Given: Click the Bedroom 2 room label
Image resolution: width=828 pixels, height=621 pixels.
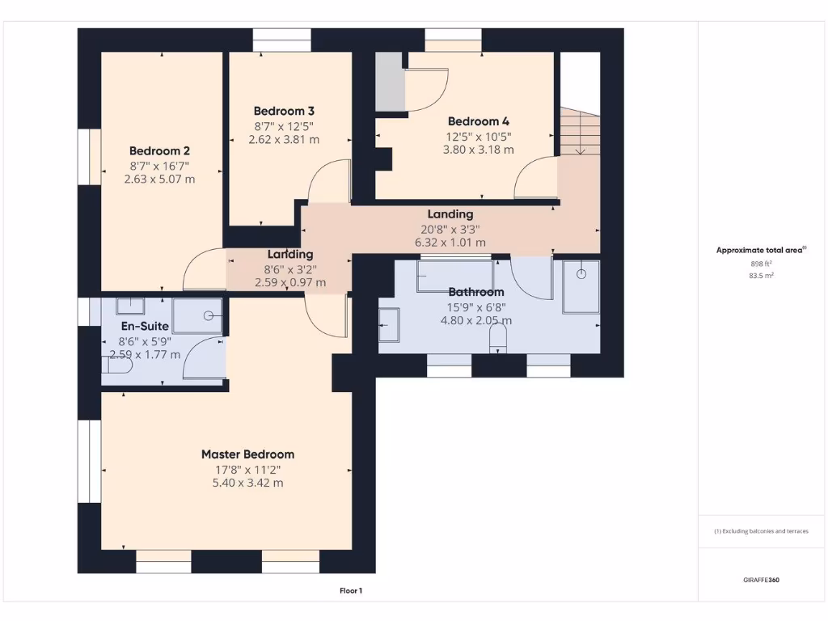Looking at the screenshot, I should pyautogui.click(x=159, y=150).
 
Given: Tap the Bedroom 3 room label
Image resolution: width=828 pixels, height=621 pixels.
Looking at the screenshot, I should pyautogui.click(x=284, y=111).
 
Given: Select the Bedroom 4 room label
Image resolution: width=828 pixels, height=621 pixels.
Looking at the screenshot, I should pyautogui.click(x=479, y=121).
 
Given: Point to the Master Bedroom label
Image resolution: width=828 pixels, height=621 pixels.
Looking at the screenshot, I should pyautogui.click(x=247, y=454).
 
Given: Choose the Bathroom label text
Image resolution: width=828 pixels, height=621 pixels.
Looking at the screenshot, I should pyautogui.click(x=476, y=292).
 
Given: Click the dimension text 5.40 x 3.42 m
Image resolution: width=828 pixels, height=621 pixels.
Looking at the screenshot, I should pyautogui.click(x=247, y=483).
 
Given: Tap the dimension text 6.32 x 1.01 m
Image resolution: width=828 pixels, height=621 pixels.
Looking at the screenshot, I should pyautogui.click(x=450, y=242).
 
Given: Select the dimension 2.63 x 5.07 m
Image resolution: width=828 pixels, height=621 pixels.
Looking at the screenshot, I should pyautogui.click(x=159, y=179).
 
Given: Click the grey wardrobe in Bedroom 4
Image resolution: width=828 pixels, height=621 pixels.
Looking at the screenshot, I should pyautogui.click(x=390, y=81).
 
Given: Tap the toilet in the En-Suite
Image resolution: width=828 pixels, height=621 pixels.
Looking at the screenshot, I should pyautogui.click(x=116, y=365).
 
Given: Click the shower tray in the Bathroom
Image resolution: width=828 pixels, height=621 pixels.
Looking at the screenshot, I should pyautogui.click(x=581, y=285).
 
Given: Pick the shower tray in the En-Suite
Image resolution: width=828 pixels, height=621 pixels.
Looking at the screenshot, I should pyautogui.click(x=197, y=315).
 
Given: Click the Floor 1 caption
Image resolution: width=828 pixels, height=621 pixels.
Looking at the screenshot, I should pyautogui.click(x=350, y=591).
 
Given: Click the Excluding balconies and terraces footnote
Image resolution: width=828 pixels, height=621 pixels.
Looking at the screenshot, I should pyautogui.click(x=760, y=531).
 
